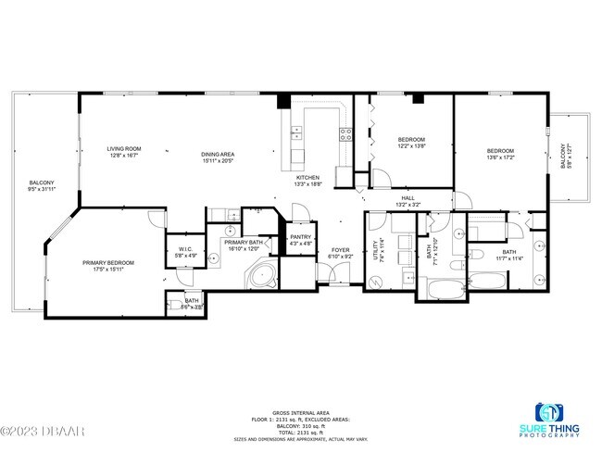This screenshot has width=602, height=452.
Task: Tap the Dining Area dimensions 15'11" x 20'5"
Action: [218, 160]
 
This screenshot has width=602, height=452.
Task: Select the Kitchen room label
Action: [307, 177]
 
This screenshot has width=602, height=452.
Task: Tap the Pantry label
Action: [300, 237]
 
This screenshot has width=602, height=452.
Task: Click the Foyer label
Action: [342, 250]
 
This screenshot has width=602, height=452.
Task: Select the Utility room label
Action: [377, 250]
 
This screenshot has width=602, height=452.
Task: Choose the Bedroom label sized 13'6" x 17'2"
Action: [500, 151]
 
